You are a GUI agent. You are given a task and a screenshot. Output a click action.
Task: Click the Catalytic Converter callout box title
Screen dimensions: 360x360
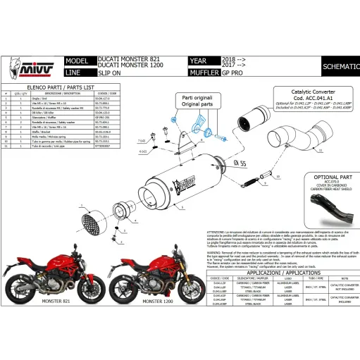point(301,92)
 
